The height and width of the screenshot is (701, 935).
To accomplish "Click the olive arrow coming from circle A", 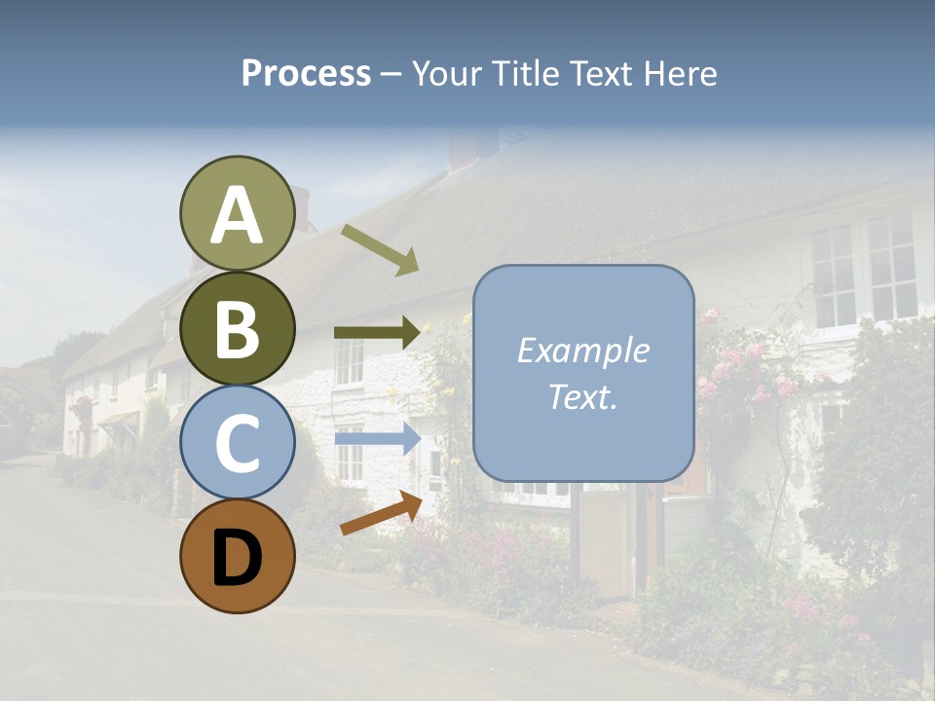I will (380, 249).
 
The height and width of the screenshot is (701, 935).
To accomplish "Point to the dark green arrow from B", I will (377, 333).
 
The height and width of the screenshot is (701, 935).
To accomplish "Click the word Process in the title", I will (306, 74).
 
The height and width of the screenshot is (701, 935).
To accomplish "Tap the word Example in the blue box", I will (582, 350).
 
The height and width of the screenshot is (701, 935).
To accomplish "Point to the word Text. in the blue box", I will (582, 396).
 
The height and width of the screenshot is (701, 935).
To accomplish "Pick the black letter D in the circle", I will (237, 558).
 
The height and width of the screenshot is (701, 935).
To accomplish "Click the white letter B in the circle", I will (237, 329).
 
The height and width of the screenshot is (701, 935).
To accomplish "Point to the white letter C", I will (237, 443).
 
